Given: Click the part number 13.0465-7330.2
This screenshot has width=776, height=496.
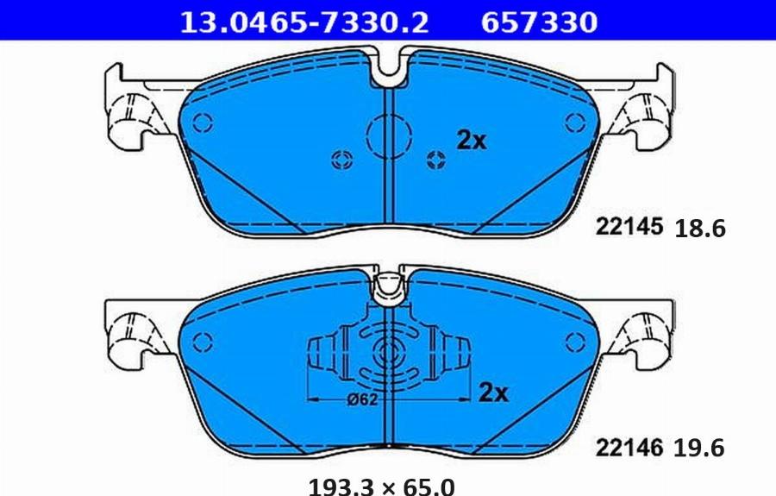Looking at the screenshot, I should tap(303, 22).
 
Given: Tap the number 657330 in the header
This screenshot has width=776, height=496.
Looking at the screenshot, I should tap(538, 22).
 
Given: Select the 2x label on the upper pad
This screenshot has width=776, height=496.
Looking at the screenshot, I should tap(471, 141).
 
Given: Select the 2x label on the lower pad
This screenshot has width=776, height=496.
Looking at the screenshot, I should tap(492, 393).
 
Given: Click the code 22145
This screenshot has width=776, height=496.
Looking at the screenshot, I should tap(629, 227).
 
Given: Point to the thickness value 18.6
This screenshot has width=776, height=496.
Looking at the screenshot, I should tap(702, 229).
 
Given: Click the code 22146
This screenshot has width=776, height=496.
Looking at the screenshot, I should tap(629, 447).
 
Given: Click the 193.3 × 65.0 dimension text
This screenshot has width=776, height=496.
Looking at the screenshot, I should tap(381, 486).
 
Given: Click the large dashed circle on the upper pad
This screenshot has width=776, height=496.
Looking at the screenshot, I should tap(388, 135).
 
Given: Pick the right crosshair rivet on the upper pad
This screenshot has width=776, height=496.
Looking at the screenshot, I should tap(436, 158).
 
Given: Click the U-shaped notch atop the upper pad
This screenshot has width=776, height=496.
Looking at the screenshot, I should tap(392, 69).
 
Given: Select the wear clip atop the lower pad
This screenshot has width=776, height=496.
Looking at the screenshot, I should tap(391, 286).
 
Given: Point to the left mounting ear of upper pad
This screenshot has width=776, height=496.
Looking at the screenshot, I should tap(129, 108).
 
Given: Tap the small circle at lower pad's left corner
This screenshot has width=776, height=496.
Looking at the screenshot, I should tap(202, 341).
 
